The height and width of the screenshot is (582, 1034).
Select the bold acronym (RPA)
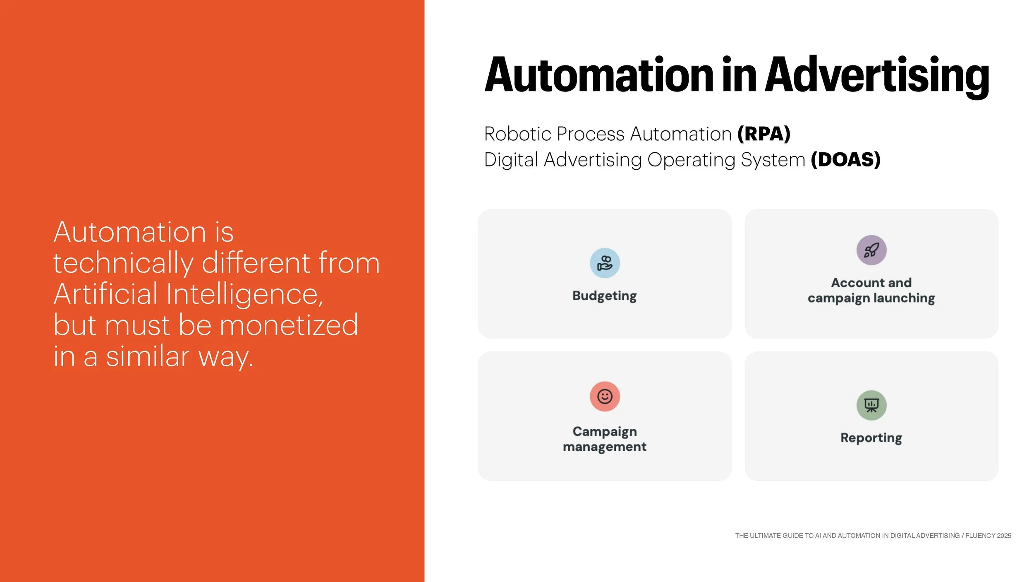(764, 134)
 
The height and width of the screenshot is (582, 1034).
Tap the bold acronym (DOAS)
(845, 160)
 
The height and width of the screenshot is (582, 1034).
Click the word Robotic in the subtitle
(517, 134)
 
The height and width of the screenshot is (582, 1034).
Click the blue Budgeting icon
(605, 263)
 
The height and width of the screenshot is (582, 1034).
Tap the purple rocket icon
(871, 250)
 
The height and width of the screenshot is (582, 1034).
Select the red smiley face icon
(605, 396)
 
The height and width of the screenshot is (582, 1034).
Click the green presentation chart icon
(871, 405)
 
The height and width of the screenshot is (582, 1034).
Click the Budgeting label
(604, 296)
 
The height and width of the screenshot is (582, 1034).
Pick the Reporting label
(871, 438)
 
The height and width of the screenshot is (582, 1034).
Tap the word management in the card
(604, 447)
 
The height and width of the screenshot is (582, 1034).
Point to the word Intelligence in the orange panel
(244, 294)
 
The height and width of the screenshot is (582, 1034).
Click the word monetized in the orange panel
(289, 325)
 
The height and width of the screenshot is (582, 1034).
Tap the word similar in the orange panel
(148, 356)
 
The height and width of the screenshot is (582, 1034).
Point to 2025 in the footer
(1004, 536)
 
